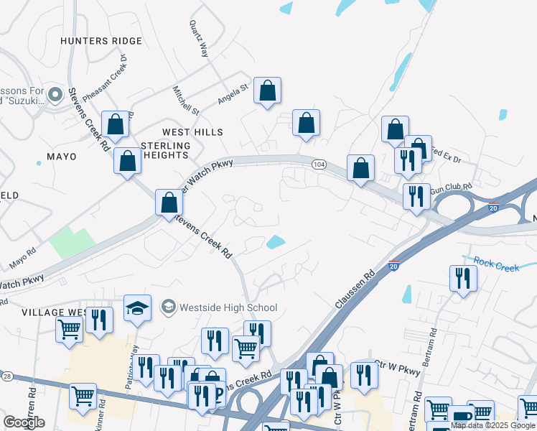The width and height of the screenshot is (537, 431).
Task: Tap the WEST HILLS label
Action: (192, 132)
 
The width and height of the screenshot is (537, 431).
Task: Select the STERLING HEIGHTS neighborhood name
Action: (166, 151)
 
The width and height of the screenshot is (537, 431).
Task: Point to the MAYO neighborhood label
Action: (61, 156)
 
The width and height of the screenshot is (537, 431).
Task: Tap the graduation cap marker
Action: (137, 307)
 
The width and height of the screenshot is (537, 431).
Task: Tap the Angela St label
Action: (232, 93)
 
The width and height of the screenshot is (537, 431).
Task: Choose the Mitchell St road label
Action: (185, 101)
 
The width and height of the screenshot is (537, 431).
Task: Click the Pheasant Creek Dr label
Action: (104, 79)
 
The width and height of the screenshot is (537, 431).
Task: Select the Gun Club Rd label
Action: (451, 188)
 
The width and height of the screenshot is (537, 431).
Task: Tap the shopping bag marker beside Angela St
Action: (267, 91)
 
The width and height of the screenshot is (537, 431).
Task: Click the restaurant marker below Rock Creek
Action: (463, 278)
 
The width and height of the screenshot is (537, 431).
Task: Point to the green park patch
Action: (72, 243)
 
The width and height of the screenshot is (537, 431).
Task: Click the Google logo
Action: (24, 422)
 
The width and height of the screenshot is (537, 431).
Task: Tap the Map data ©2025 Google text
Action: (493, 425)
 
